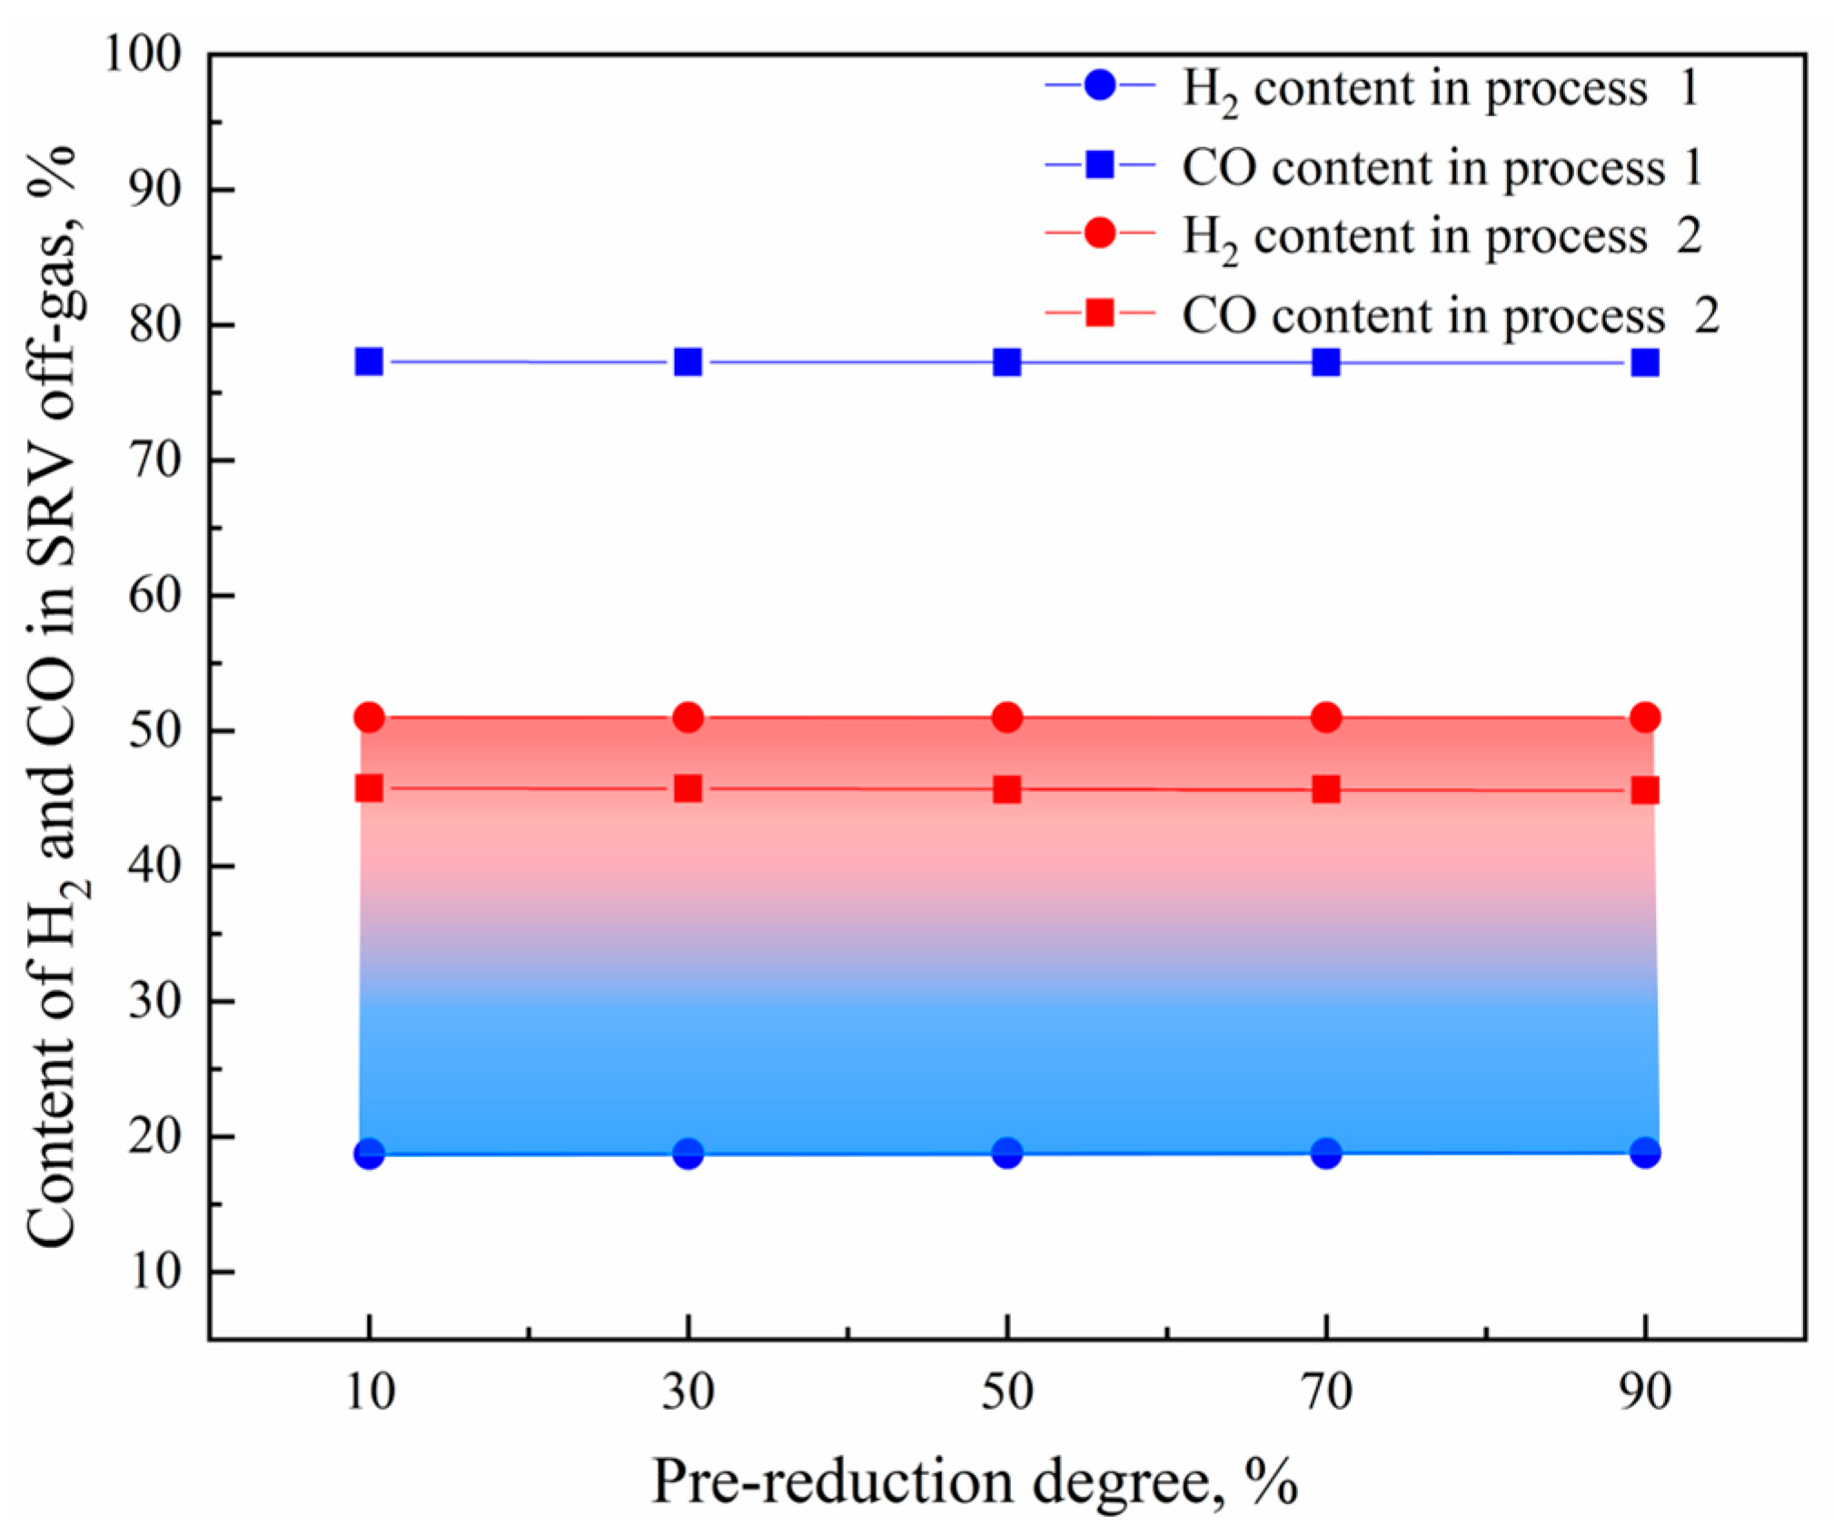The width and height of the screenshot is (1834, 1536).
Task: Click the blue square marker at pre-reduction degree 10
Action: pos(369,362)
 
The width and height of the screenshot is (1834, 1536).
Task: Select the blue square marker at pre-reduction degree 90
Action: pos(1645,363)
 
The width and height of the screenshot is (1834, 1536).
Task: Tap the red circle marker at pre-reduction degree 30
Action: pos(689,718)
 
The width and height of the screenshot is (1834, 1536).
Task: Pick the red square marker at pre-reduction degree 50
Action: pos(1006,789)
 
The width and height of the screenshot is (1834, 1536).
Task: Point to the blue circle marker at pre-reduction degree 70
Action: pos(1326,1154)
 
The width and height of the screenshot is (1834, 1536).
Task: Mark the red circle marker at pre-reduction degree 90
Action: pos(1645,718)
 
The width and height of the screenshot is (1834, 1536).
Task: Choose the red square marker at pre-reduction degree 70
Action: pos(1326,789)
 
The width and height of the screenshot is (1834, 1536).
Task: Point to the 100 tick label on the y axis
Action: pos(143,55)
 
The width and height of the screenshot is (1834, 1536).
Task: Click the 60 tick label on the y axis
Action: pos(154,596)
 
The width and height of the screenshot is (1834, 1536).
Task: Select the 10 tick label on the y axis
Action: pos(154,1272)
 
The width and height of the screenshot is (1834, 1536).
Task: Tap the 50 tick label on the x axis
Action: pos(1006,1392)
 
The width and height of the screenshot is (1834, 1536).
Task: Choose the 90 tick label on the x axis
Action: pos(1645,1392)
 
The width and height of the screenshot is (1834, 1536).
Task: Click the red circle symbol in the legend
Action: pos(1100,233)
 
